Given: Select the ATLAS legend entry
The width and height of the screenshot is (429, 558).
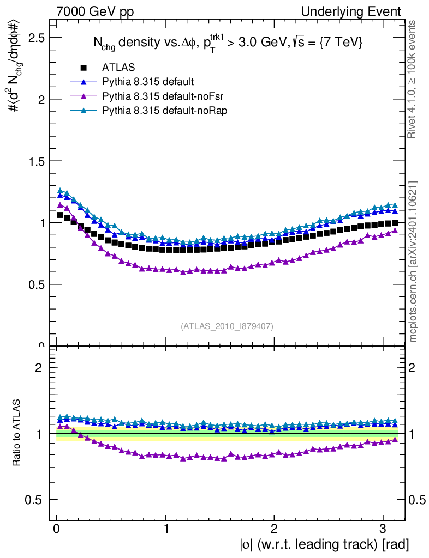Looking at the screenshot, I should (x=118, y=68).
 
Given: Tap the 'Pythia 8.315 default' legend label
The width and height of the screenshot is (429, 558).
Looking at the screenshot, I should (x=147, y=82).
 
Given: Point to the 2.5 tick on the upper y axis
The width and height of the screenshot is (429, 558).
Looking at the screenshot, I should (x=37, y=38).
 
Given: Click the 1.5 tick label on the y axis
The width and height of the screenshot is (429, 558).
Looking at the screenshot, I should (x=37, y=161).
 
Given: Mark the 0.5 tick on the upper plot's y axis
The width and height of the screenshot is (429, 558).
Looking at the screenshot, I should (x=37, y=284).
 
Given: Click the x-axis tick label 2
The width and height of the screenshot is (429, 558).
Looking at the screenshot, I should (x=275, y=529).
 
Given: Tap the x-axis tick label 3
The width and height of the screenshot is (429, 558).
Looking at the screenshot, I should (x=383, y=529).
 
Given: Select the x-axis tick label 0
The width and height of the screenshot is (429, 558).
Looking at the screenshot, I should (x=57, y=529).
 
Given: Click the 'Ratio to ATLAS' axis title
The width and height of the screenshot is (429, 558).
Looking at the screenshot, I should (x=17, y=433).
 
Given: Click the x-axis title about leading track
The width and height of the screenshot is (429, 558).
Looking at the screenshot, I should (x=324, y=544).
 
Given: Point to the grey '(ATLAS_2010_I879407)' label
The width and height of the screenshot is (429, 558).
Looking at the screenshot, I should (x=227, y=326).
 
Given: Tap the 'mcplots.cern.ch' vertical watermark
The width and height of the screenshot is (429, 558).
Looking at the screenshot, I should (x=413, y=262).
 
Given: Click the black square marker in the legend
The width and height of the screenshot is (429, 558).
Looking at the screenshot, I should (x=84, y=68).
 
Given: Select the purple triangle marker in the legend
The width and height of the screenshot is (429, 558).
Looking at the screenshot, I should (x=84, y=96).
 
